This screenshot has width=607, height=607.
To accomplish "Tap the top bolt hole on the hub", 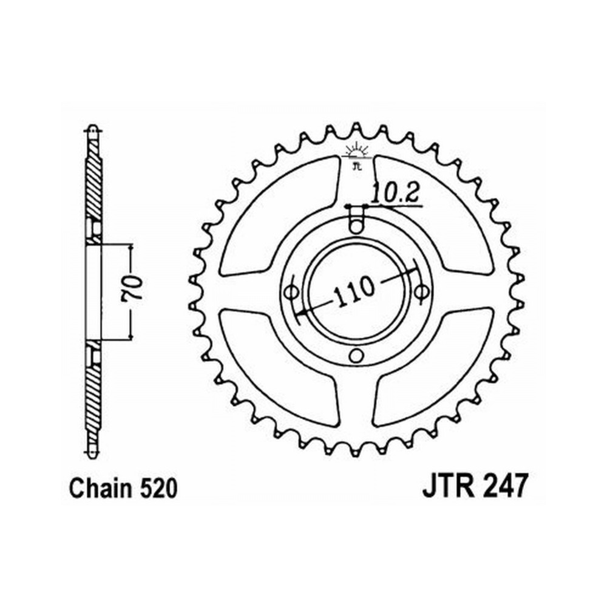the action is pos(356,226).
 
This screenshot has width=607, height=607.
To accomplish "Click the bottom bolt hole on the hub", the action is pos(356,355).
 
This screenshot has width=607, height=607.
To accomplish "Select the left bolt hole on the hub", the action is pos(291,291).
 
